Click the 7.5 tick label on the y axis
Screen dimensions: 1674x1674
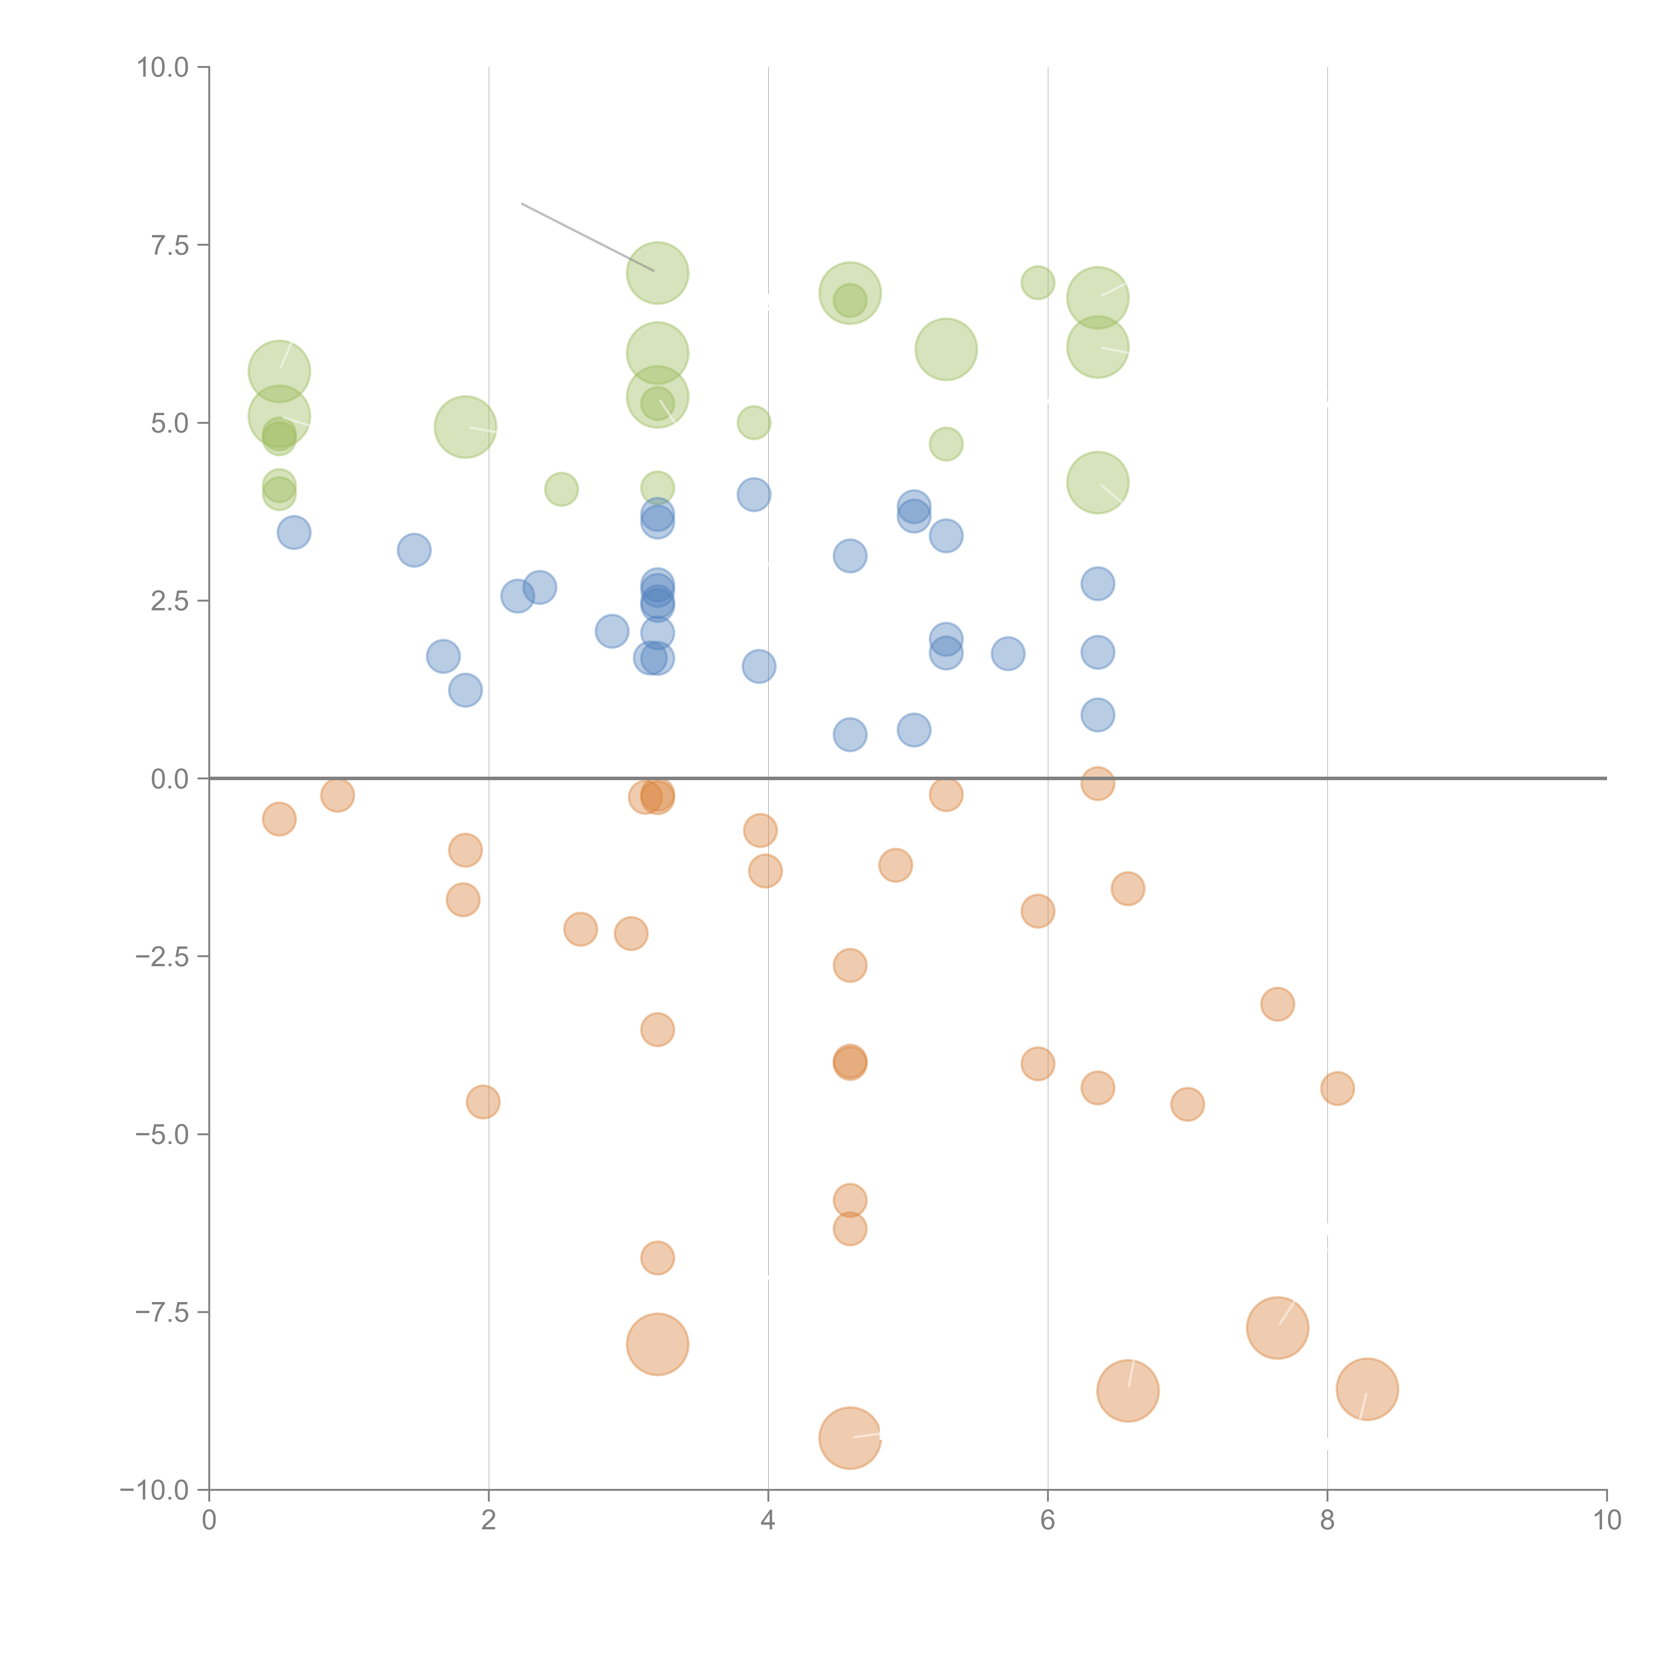tap(170, 245)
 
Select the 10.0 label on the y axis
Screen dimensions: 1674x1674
tap(163, 68)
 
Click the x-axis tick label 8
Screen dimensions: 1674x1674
tap(1327, 1521)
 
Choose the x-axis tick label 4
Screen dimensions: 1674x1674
tap(768, 1521)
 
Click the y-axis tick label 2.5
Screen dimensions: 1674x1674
tap(170, 601)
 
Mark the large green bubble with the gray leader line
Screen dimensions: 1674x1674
tap(658, 273)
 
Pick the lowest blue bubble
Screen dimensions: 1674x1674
tap(850, 735)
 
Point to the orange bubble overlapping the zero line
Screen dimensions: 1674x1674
tap(1098, 783)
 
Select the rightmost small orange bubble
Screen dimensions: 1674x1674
tap(1338, 1088)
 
